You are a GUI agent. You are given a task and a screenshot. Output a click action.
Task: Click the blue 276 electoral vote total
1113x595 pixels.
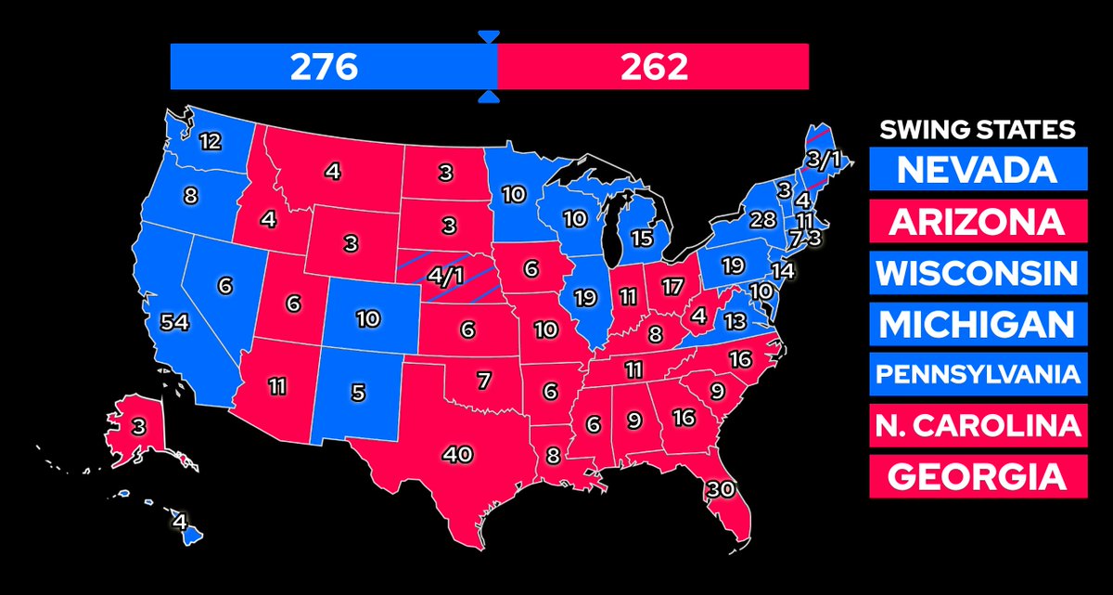coord(324,67)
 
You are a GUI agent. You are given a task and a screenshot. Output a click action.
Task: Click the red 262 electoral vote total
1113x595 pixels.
coord(656,67)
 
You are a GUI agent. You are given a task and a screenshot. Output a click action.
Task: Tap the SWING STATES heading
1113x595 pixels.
coord(977,129)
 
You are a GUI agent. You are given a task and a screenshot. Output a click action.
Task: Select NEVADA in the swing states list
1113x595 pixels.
coord(978,170)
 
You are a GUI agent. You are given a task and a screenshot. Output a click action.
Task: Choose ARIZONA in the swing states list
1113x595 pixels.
coord(978,222)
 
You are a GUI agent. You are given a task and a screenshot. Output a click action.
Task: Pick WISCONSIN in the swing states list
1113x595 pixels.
coord(978,273)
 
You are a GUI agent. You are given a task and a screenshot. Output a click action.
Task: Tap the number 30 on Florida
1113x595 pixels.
coord(723,488)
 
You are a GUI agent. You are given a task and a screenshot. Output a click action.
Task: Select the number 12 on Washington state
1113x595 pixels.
coord(210,142)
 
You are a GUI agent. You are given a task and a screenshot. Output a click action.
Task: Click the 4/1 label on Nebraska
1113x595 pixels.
coord(444,276)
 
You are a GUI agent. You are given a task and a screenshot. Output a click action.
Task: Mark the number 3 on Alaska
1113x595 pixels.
coord(137,428)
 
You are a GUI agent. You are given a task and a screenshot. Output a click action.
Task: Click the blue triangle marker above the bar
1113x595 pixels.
coord(489,36)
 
